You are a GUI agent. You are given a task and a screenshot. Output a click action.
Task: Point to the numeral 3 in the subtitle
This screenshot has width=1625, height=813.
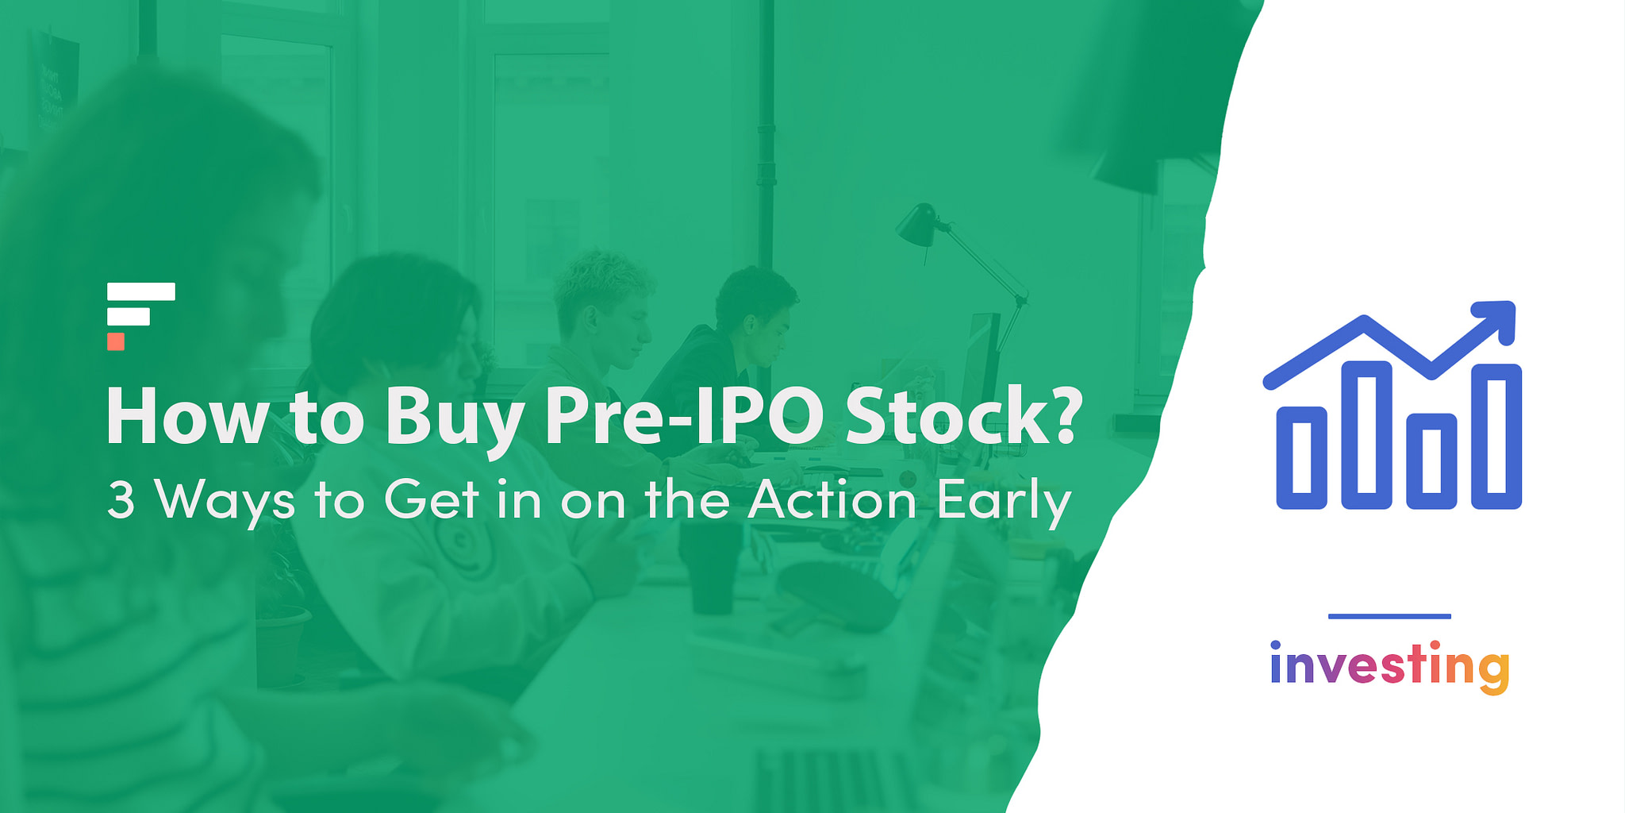121,501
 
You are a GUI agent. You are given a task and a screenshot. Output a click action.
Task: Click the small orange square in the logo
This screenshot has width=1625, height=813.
116,341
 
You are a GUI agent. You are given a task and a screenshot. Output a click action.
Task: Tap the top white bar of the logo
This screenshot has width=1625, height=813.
141,291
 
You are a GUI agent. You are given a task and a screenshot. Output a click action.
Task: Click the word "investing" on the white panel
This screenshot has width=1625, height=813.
1389,667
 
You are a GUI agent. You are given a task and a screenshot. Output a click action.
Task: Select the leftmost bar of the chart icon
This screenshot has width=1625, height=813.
1301,457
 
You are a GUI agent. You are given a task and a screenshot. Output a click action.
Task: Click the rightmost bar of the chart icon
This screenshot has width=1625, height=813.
1496,436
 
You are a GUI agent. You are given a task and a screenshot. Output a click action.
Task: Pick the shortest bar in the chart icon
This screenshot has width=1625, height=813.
1431,460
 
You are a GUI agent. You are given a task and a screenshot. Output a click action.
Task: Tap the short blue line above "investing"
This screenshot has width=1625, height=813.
1389,616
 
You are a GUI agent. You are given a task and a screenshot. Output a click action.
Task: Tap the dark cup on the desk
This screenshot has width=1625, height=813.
710,566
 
